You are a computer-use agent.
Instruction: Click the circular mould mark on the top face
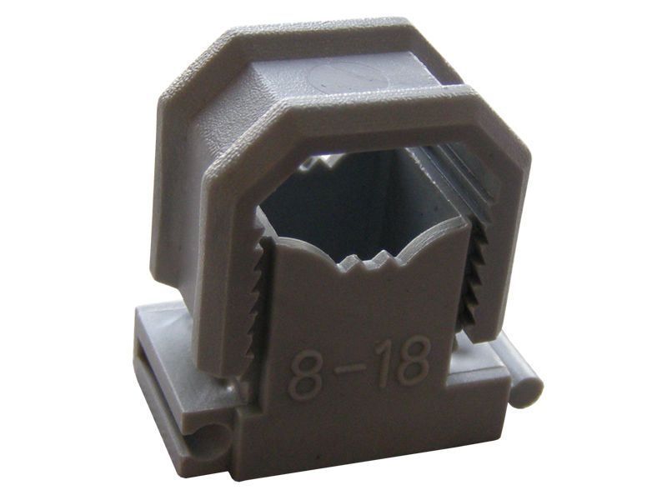337,78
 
